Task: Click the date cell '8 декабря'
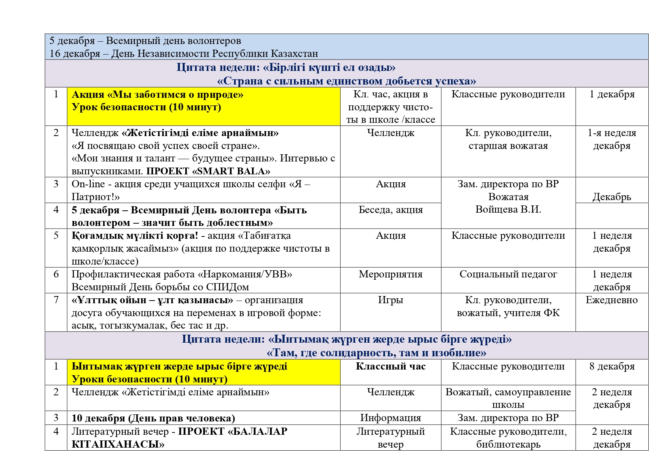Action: [x=612, y=367]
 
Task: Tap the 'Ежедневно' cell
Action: [x=612, y=300]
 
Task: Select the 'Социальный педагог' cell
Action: [x=508, y=274]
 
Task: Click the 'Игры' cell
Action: [x=390, y=300]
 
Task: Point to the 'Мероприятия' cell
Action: [x=390, y=274]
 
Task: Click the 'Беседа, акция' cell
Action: [x=390, y=210]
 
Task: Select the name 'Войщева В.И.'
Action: [x=508, y=209]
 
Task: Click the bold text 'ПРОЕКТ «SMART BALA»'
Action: [x=208, y=171]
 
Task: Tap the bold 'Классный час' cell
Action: [x=390, y=367]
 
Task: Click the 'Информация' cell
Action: [x=390, y=418]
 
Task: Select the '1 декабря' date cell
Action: [x=612, y=94]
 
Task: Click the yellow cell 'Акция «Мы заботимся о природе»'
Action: [x=157, y=95]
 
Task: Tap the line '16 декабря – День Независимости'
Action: [x=183, y=54]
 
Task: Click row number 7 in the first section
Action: [x=56, y=300]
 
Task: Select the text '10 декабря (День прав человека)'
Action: [x=153, y=418]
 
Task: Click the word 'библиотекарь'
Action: [x=508, y=444]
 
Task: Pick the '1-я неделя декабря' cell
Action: [x=612, y=139]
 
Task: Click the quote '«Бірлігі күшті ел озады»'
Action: [x=329, y=67]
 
